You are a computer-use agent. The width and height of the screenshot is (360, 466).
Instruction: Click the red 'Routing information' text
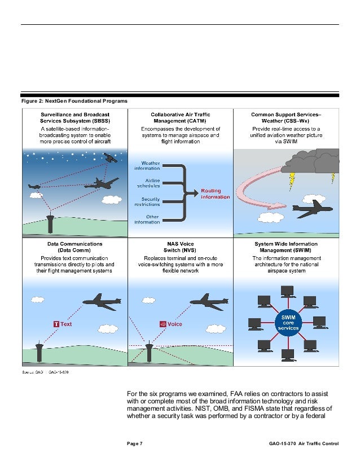[215, 194]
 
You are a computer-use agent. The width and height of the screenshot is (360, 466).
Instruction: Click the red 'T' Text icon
[56, 324]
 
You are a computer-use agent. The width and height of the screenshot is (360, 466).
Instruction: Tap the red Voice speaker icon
[163, 324]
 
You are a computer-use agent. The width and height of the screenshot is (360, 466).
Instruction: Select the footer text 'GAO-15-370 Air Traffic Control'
[304, 444]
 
